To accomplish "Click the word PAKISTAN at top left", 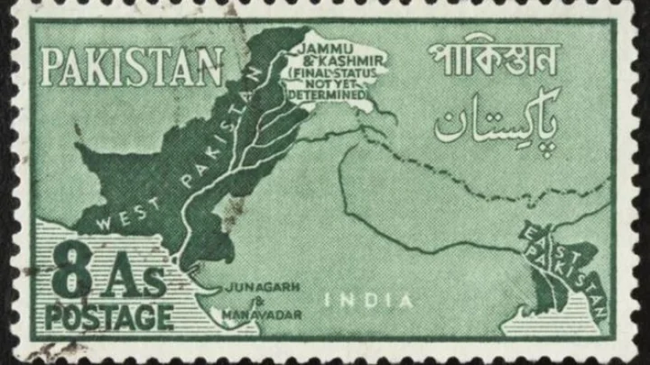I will tap(132, 66).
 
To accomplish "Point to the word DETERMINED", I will tap(330, 94).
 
